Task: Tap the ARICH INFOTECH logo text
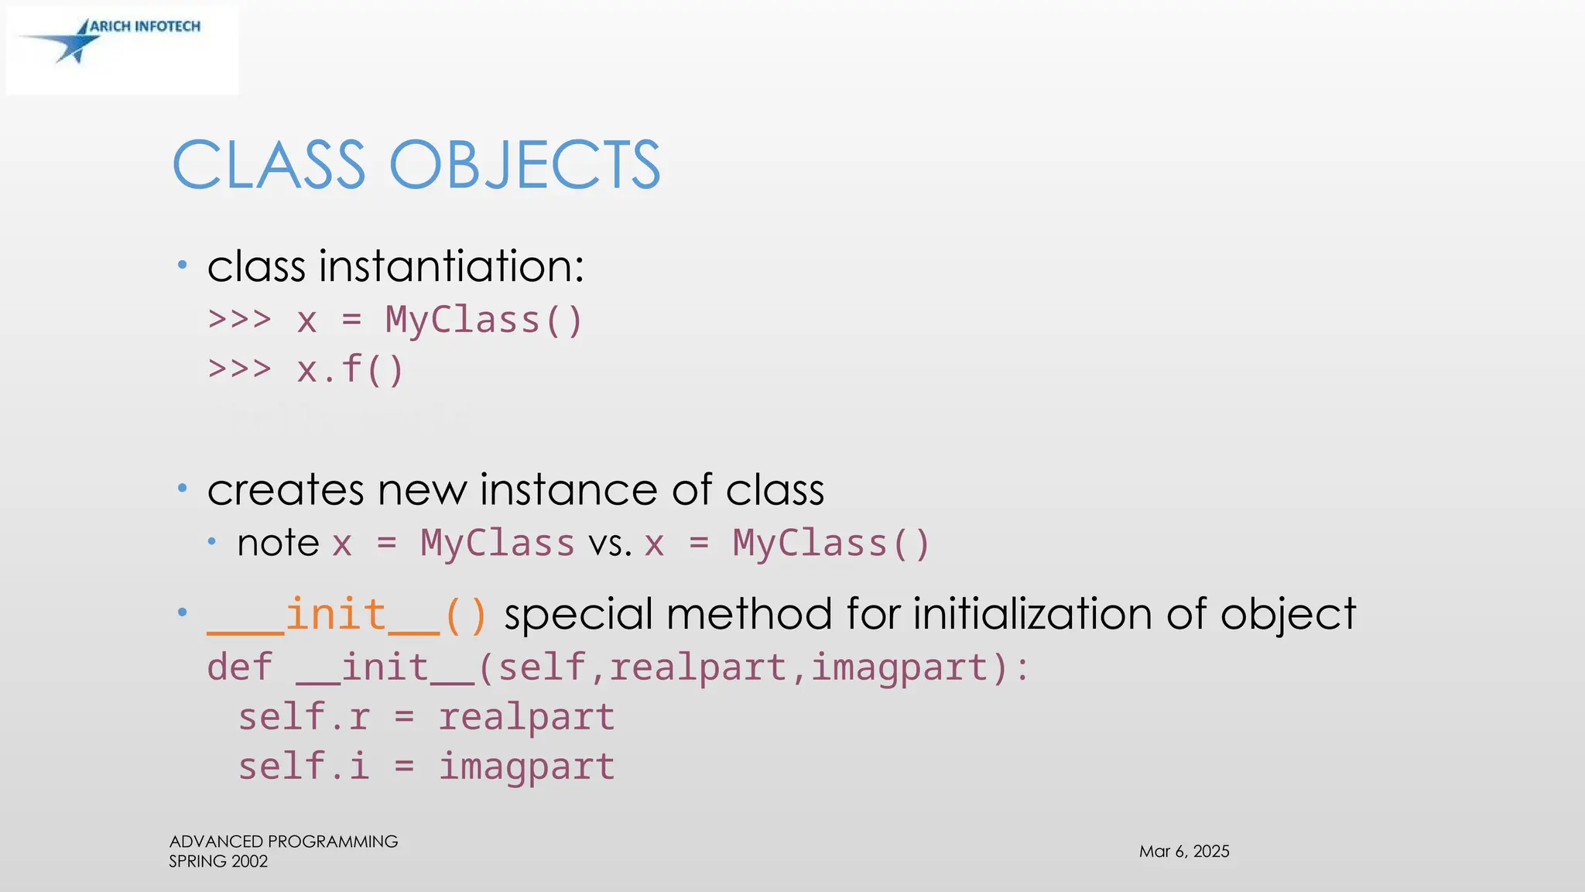point(145,26)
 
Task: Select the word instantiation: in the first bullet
point(451,266)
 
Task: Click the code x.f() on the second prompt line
point(351,369)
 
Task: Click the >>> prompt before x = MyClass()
point(240,320)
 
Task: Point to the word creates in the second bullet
point(286,490)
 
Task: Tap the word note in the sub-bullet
point(278,543)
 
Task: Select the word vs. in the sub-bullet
point(610,544)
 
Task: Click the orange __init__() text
point(347,615)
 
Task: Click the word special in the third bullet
point(578,615)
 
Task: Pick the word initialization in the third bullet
point(1032,615)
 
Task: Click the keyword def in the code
point(240,667)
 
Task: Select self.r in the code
point(304,717)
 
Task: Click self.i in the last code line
point(304,767)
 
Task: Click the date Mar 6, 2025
point(1183,852)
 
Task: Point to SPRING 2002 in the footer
point(218,862)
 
